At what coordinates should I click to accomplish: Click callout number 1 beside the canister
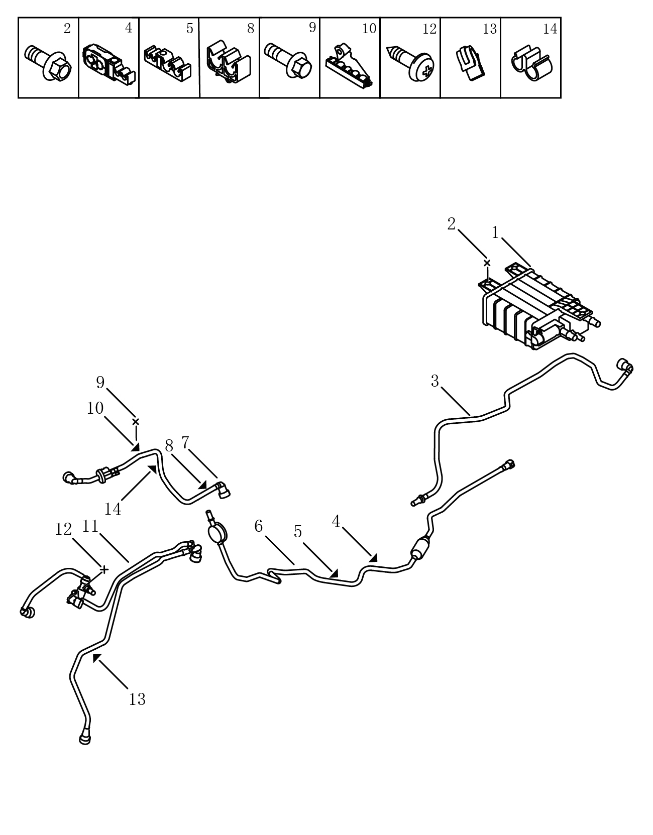tap(495, 232)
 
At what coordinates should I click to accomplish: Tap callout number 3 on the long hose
tap(434, 381)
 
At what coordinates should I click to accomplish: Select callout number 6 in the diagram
tap(259, 526)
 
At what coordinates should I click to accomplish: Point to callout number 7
tap(185, 442)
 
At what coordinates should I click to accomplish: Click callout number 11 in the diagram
tap(91, 526)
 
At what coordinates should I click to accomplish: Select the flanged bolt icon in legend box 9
tap(288, 61)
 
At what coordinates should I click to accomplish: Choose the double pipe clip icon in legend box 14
tap(531, 63)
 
